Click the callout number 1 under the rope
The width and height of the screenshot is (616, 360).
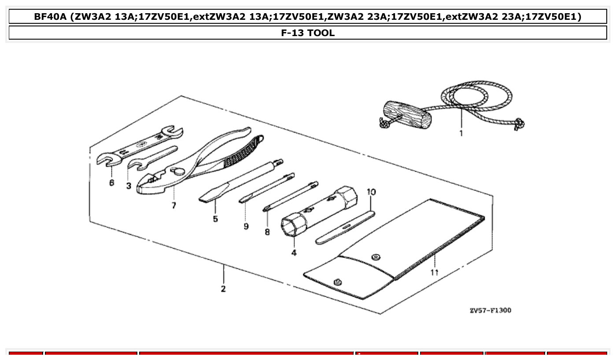(461, 133)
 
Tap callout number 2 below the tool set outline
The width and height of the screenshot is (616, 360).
(223, 289)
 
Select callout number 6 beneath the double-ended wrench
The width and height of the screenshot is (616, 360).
(111, 182)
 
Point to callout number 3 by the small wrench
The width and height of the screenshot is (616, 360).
(129, 186)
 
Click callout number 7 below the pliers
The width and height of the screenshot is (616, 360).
(174, 206)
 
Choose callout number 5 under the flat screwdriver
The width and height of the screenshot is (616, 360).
(215, 219)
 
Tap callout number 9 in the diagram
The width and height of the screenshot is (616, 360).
(246, 226)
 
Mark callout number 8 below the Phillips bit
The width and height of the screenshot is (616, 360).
(267, 232)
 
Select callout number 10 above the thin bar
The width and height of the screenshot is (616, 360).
(371, 192)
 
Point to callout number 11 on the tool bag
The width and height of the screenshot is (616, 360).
(435, 272)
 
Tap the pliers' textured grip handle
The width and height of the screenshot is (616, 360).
(242, 152)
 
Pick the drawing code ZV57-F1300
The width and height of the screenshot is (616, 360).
(490, 310)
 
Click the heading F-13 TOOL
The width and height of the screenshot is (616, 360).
(308, 33)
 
